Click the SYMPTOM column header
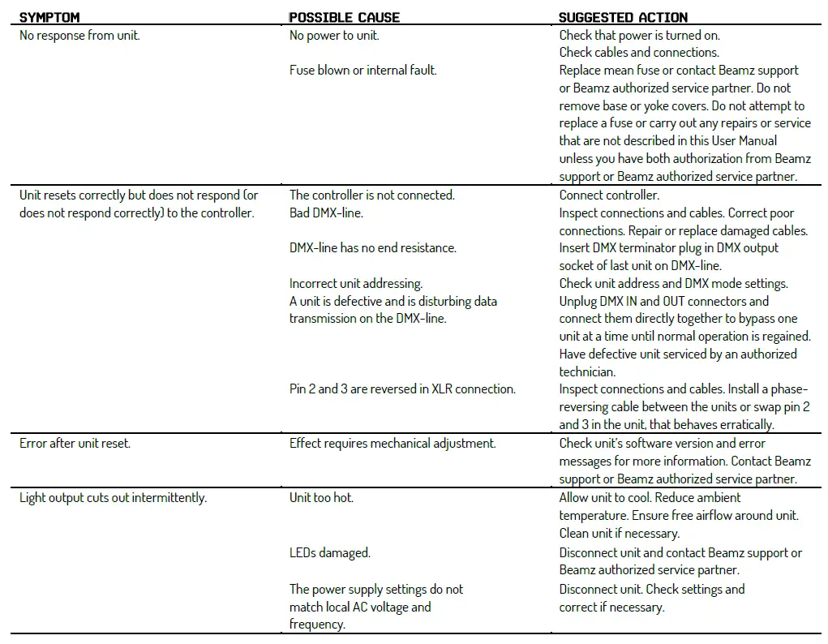[x=49, y=17]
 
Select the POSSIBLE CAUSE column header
[x=344, y=17]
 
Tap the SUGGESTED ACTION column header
[x=623, y=17]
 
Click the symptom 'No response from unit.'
[x=79, y=36]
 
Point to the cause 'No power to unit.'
[x=334, y=36]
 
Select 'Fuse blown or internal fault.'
[x=363, y=71]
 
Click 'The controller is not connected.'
[x=371, y=195]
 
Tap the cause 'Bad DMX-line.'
[x=326, y=213]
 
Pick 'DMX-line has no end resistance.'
[x=372, y=248]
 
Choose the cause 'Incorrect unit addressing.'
[x=356, y=284]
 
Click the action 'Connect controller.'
[x=609, y=195]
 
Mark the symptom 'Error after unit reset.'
[x=75, y=444]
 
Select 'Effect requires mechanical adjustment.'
[x=393, y=444]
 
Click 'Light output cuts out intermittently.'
[x=113, y=498]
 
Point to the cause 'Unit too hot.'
[x=321, y=498]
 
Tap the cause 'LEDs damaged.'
[x=329, y=553]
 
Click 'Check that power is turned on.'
[x=639, y=36]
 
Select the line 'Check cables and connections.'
[x=638, y=53]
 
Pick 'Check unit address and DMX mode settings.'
[x=673, y=284]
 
